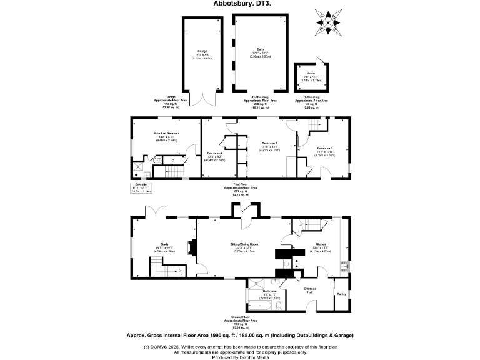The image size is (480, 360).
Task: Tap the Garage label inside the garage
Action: (x=202, y=52)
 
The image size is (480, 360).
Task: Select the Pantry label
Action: (x=341, y=294)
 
